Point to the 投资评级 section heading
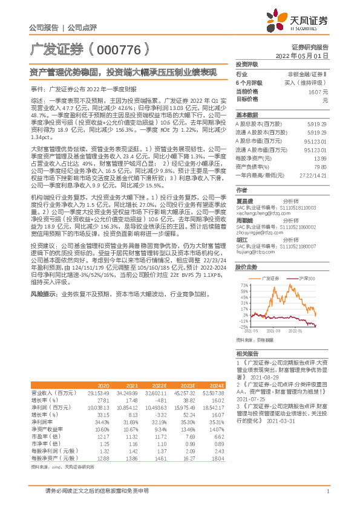tap(247, 63)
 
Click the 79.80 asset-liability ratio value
tap(321, 166)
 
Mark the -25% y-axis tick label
tap(243, 326)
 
